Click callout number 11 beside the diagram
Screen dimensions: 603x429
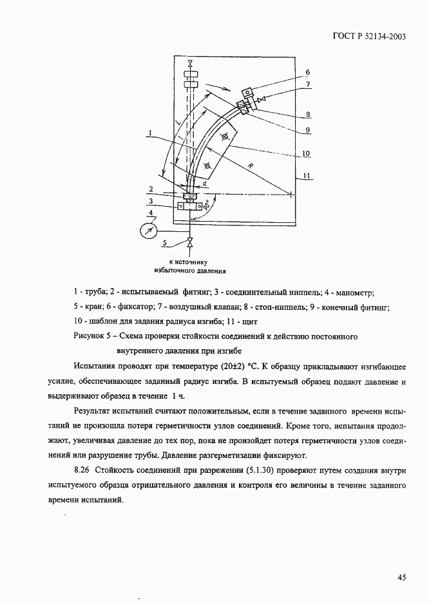pos(307,176)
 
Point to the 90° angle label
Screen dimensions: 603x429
pos(205,207)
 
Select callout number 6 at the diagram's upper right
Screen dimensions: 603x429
pos(307,72)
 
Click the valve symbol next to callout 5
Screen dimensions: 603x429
pos(189,243)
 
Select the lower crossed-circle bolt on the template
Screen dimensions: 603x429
pos(206,166)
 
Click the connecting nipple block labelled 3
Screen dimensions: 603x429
pos(189,207)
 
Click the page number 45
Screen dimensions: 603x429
pos(401,578)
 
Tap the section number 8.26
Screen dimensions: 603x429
pos(83,471)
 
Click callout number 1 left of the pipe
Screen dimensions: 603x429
pos(149,133)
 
